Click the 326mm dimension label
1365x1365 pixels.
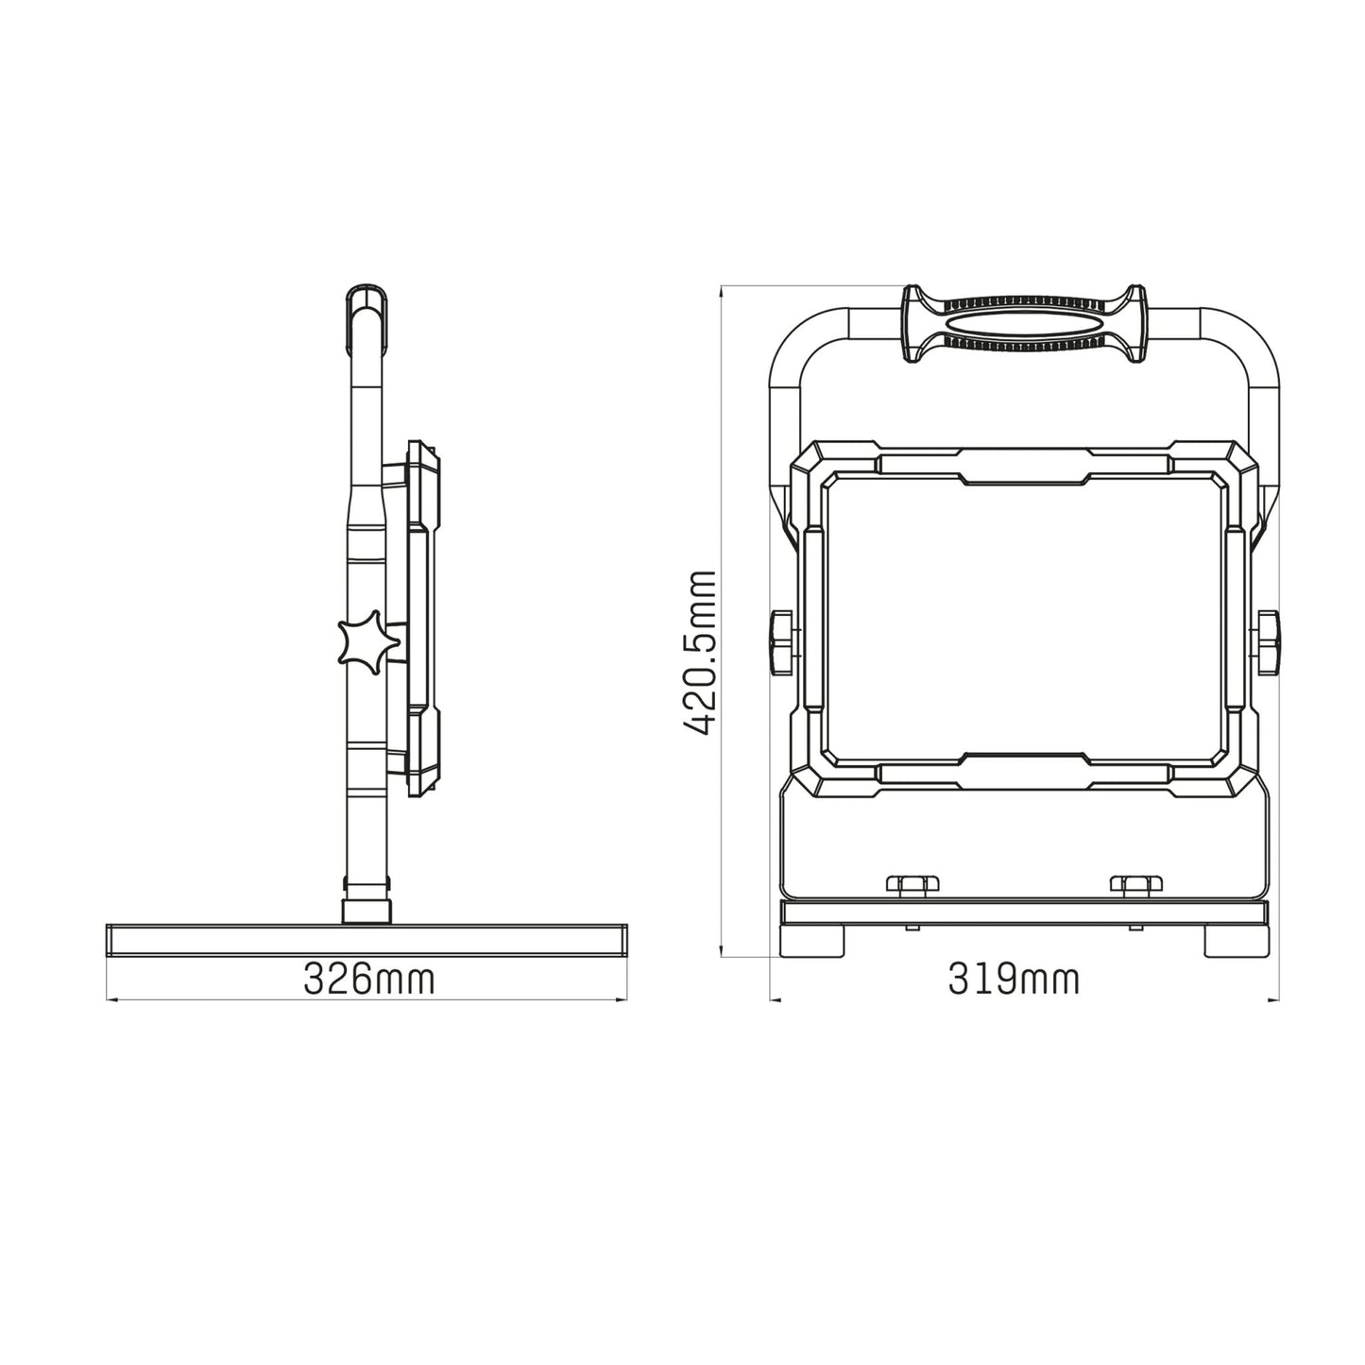pyautogui.click(x=368, y=980)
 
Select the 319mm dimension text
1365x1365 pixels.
pyautogui.click(x=1014, y=980)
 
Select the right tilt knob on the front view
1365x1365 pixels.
pyautogui.click(x=1268, y=642)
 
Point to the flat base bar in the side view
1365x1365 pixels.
pyautogui.click(x=367, y=941)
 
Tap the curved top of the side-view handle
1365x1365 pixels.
pyautogui.click(x=367, y=302)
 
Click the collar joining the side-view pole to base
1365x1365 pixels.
pyautogui.click(x=367, y=902)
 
